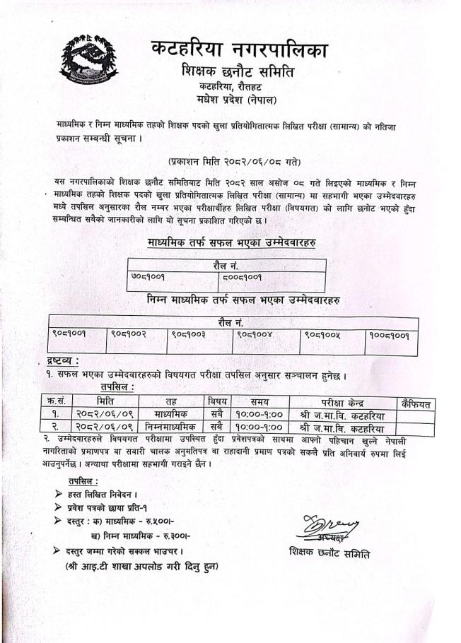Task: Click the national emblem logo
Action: pos(89,62)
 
